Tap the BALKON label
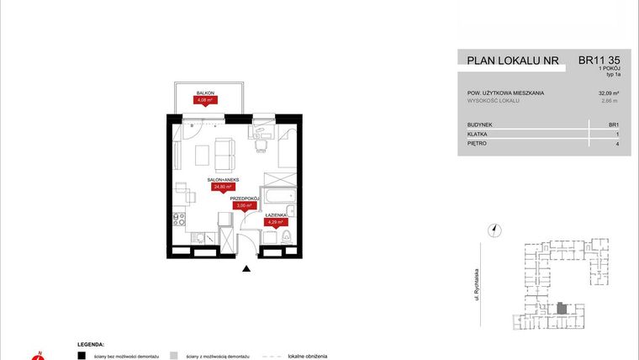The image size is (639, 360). [205, 93]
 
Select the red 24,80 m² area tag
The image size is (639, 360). [223, 188]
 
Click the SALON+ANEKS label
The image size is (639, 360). [222, 181]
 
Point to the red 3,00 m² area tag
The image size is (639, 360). [244, 205]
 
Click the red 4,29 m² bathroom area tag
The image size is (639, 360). [277, 222]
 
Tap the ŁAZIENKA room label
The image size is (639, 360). [277, 215]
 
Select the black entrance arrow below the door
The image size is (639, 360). [246, 269]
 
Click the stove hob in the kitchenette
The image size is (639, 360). [178, 220]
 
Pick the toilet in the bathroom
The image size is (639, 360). [286, 239]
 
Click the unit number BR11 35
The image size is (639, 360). [599, 61]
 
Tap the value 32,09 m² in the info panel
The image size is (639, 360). [609, 93]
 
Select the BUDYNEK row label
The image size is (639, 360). [480, 124]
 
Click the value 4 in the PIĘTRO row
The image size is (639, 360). [617, 144]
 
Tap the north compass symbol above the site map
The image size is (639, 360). [495, 229]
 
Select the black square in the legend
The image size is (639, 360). [82, 356]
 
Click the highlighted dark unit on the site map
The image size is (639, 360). [562, 310]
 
